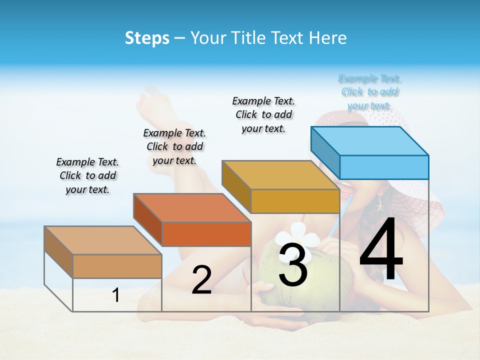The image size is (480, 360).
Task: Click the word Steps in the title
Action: coord(147,38)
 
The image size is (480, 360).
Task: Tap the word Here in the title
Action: coord(328,38)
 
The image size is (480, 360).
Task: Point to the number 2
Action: coord(201,280)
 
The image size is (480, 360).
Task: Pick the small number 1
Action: coord(115,295)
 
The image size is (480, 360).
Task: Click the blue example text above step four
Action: coord(369,92)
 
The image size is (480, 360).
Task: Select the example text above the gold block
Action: coord(263,114)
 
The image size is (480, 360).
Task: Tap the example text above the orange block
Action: coord(174,146)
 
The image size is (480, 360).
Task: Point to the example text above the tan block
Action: coord(87,175)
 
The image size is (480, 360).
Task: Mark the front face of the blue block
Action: coord(384,167)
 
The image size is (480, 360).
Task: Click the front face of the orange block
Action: coord(206,234)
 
